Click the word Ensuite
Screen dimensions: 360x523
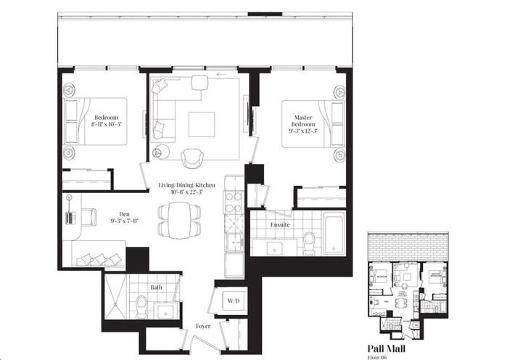(x=280, y=225)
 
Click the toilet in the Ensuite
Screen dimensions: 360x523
(x=309, y=242)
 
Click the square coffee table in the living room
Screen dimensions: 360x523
(x=201, y=124)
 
